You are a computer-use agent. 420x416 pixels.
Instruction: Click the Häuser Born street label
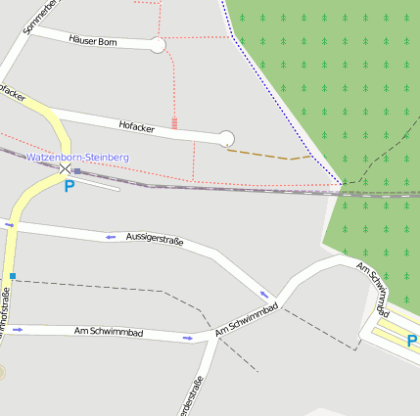pos(93,41)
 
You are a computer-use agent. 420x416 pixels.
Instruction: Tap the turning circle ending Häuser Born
pos(158,45)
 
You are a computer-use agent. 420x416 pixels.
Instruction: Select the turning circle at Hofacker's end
pos(227,139)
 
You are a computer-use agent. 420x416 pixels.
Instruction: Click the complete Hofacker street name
pos(137,127)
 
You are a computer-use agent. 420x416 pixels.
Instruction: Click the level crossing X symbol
pos(66,169)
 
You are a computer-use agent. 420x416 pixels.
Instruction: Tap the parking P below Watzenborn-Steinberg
pos(69,186)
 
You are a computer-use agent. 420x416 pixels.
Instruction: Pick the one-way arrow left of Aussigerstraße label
pos(111,237)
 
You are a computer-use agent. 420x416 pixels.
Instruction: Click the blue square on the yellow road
pos(12,277)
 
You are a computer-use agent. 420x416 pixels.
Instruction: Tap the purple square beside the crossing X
pos(76,171)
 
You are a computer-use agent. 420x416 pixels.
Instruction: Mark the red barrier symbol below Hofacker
pos(174,123)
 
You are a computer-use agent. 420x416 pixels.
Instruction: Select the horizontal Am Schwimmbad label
pos(109,334)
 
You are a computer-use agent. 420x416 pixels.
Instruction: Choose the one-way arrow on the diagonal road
pos(264,294)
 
